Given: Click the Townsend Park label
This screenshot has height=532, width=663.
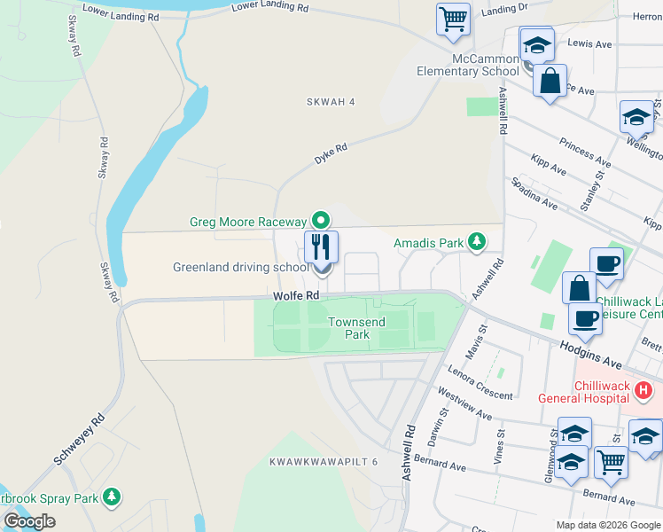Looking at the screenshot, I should (356, 328).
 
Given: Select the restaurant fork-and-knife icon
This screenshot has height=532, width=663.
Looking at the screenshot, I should (321, 246).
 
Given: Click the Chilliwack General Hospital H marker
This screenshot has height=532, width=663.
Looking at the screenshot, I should (644, 389).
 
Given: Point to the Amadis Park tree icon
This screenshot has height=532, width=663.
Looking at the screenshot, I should (477, 241).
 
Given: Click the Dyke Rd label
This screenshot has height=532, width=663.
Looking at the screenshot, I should (330, 154).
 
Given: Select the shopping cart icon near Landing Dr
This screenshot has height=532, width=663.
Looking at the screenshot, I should (454, 18).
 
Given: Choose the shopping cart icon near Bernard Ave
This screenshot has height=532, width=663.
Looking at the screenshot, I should (611, 461).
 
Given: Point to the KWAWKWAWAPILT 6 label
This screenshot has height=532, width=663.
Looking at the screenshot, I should (324, 462).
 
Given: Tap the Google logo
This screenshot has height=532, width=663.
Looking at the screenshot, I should (29, 521).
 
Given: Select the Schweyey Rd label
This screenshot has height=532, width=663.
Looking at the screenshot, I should (79, 439).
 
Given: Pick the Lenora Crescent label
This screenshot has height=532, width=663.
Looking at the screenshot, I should (481, 382).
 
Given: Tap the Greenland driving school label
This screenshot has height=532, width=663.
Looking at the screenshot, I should (241, 267).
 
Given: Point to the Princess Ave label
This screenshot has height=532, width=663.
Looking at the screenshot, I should (585, 153).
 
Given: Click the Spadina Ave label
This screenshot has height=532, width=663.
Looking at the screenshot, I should (534, 192).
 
